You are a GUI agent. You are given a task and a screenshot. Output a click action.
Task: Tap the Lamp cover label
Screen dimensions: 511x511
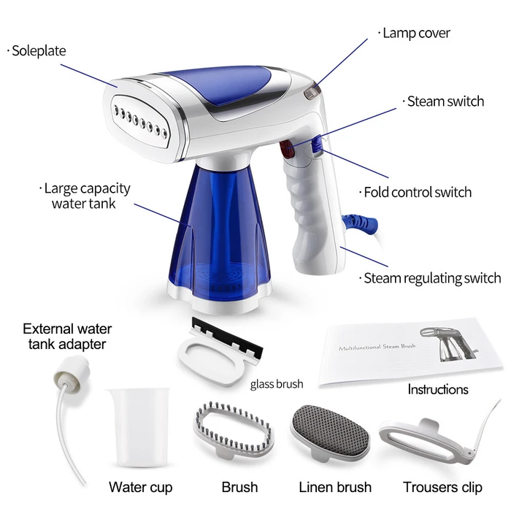pyautogui.click(x=414, y=34)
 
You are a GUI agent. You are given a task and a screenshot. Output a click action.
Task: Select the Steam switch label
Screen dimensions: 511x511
pyautogui.click(x=443, y=101)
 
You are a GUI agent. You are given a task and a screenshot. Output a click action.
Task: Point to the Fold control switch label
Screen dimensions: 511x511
pyautogui.click(x=415, y=192)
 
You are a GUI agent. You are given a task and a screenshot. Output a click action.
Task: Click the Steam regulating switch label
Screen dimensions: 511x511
pyautogui.click(x=430, y=278)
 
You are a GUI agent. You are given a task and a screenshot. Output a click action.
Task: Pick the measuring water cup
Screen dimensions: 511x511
pyautogui.click(x=138, y=427)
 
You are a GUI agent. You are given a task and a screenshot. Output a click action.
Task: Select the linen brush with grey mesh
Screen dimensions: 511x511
pyautogui.click(x=331, y=431)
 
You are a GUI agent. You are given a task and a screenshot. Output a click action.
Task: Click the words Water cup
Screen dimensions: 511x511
pyautogui.click(x=140, y=487)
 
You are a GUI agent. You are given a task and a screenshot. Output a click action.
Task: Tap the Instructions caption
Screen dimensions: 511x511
pyautogui.click(x=438, y=389)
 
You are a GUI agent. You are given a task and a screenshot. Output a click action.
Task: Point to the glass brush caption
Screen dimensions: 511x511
pyautogui.click(x=277, y=384)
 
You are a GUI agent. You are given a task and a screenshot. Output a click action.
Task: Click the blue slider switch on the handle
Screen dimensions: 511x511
pyautogui.click(x=318, y=144)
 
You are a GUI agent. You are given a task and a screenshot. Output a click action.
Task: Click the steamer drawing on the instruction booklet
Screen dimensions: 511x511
pyautogui.click(x=448, y=344)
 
